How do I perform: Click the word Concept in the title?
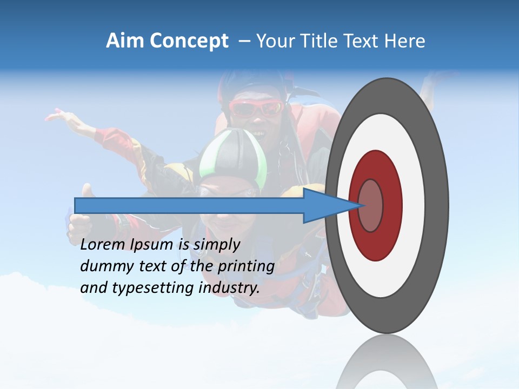click(x=188, y=41)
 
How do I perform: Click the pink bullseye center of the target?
click(x=370, y=205)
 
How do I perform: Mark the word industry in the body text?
click(x=229, y=288)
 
